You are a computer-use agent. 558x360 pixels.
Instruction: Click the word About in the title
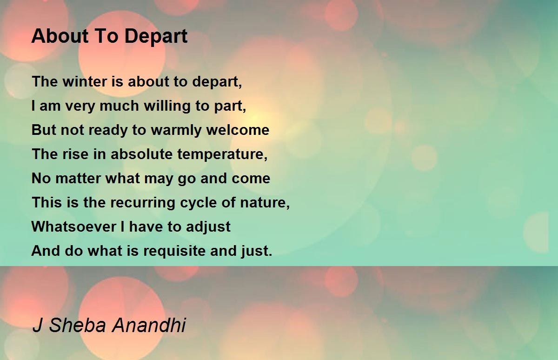coord(60,36)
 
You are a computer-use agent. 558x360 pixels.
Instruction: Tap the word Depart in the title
coord(156,36)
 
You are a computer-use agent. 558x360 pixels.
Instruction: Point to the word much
coord(119,106)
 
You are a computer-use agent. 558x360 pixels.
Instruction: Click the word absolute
coord(141,154)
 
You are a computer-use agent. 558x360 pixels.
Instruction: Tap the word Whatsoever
coord(74,227)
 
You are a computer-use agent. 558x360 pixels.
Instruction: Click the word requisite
coord(174,251)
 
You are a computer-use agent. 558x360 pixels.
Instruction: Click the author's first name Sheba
coord(77,325)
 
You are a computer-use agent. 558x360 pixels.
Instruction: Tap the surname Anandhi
coord(149,325)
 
